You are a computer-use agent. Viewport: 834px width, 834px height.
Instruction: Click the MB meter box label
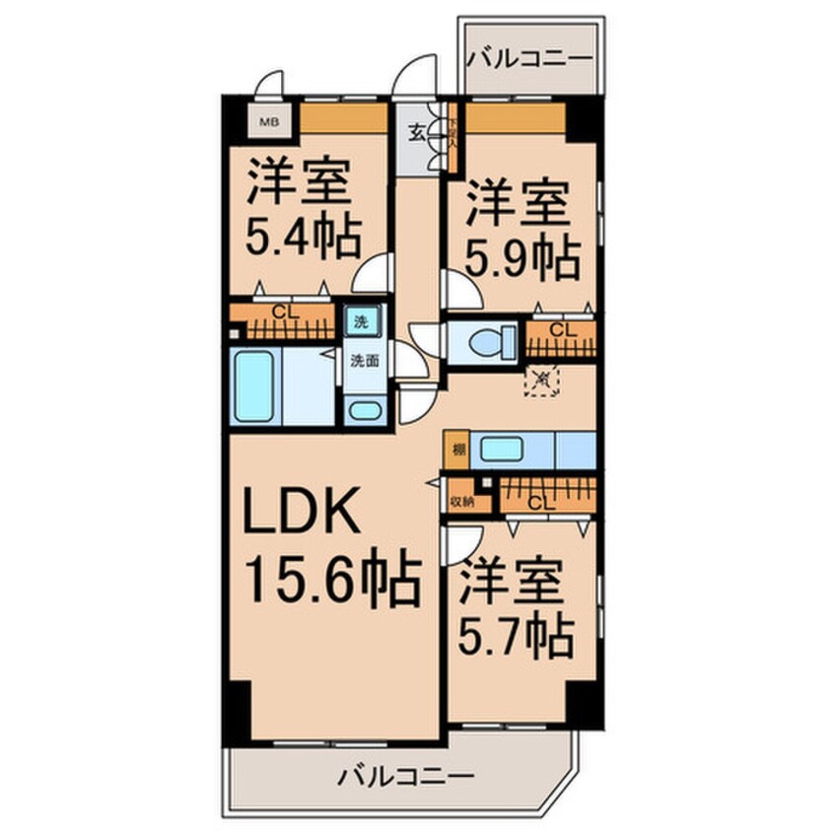266,122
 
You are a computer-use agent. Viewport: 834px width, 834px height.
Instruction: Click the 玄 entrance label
417,133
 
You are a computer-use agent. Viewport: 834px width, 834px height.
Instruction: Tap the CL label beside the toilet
558,329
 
